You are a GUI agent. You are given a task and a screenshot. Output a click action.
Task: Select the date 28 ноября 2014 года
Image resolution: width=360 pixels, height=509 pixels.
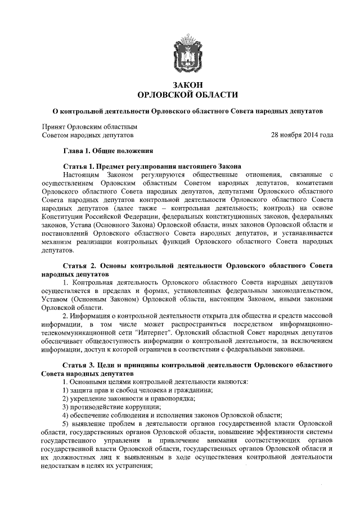[x=302, y=136]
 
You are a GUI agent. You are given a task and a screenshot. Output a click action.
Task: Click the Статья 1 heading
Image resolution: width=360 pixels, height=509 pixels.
[x=151, y=166]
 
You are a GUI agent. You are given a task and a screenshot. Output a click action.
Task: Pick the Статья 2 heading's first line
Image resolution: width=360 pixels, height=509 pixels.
[x=197, y=264]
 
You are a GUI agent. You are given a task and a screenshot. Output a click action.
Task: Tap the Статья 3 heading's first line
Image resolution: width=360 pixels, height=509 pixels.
[x=197, y=366]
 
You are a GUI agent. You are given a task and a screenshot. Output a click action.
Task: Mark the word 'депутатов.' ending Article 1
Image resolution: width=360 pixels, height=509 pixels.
[x=58, y=249]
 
